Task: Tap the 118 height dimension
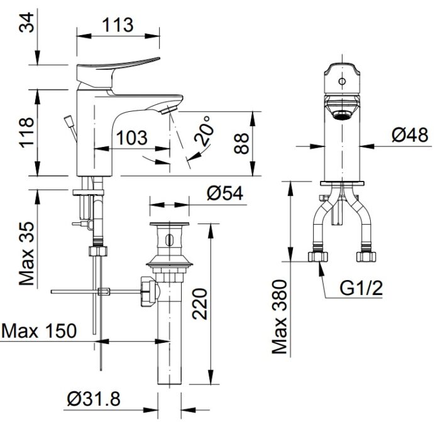point(26,133)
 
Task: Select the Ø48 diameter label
point(409,134)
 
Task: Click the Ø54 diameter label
point(224,194)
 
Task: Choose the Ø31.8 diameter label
point(93,398)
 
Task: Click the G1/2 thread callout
point(361,288)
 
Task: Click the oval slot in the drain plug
point(168,239)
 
